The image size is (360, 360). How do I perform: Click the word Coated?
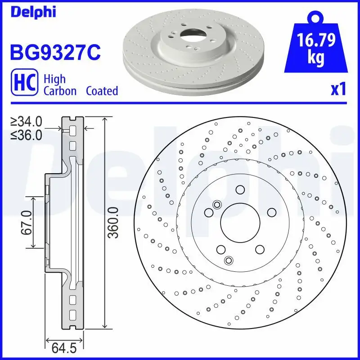tap(102, 91)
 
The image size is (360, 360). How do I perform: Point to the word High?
tap(54, 79)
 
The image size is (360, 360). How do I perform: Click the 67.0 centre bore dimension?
tap(27, 222)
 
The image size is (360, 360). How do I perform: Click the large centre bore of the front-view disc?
tap(239, 223)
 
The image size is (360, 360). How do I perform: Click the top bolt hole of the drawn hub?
tap(239, 189)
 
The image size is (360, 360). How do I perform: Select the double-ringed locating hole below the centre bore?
tap(229, 260)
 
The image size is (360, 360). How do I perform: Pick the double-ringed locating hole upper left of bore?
tap(217, 205)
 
